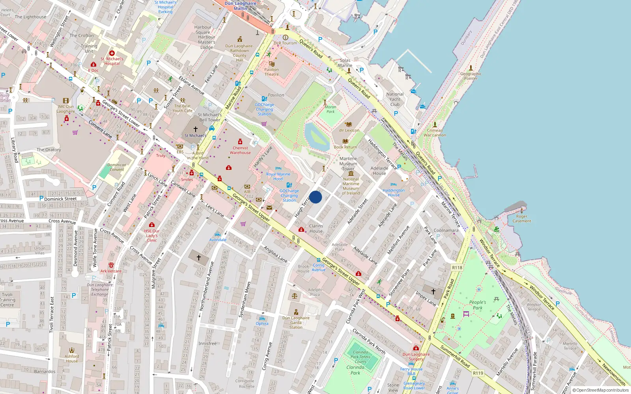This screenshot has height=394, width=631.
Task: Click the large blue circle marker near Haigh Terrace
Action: click(315, 197)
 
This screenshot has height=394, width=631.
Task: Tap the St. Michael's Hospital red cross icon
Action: click(112, 53)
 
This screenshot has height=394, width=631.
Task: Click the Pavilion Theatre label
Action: click(271, 72)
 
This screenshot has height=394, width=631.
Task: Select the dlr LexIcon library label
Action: click(349, 130)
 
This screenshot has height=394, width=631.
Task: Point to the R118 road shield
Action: click(457, 268)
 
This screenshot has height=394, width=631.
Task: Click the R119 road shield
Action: click(478, 373)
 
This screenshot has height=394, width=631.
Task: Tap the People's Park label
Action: click(478, 305)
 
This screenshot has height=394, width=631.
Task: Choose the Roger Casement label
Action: click(522, 219)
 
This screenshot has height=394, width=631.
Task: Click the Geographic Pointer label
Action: click(471, 76)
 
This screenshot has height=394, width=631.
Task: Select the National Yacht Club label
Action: click(395, 99)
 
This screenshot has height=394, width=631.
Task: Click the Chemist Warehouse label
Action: click(240, 150)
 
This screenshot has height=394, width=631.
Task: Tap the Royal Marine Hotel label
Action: click(278, 176)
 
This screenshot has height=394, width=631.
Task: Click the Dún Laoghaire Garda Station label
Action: click(296, 322)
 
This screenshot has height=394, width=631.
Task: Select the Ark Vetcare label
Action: click(111, 271)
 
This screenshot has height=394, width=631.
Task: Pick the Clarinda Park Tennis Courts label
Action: click(360, 357)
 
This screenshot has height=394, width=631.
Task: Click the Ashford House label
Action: click(72, 359)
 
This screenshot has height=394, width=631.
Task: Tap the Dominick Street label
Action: click(60, 199)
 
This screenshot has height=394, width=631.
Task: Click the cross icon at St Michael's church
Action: click(195, 129)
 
